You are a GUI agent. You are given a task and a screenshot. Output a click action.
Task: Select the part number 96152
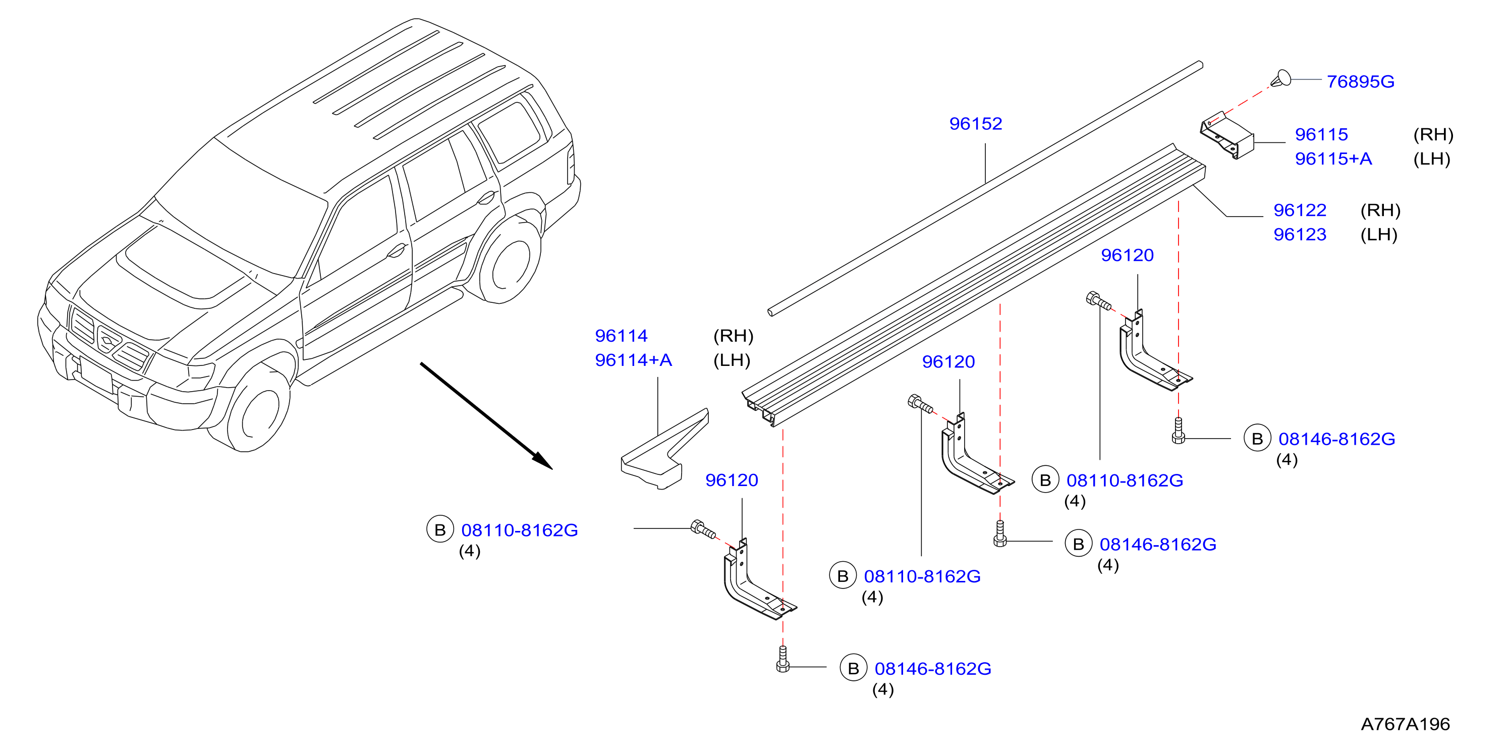coord(975,124)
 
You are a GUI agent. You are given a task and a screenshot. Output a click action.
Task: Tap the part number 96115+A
coord(1333,158)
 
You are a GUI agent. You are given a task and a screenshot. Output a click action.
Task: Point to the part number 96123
coord(1300,234)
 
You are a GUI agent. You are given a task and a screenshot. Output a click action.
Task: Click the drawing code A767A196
coord(1405,724)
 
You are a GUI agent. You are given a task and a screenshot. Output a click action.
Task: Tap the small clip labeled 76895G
coord(1281,78)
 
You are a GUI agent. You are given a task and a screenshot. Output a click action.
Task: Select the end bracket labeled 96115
coord(1227,135)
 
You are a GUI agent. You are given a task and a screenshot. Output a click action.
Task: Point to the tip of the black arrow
coord(552,469)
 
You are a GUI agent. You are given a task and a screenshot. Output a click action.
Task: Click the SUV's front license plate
coord(95,376)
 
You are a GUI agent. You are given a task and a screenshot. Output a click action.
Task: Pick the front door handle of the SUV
coord(397,251)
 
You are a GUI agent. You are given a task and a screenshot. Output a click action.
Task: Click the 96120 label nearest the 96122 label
coord(1127,255)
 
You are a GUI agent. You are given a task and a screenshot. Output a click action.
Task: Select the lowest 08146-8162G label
coord(932,668)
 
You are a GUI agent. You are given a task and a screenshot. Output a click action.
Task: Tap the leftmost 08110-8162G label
coord(519,530)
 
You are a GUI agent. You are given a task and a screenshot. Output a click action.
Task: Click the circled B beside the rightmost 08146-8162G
coord(1257,439)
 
